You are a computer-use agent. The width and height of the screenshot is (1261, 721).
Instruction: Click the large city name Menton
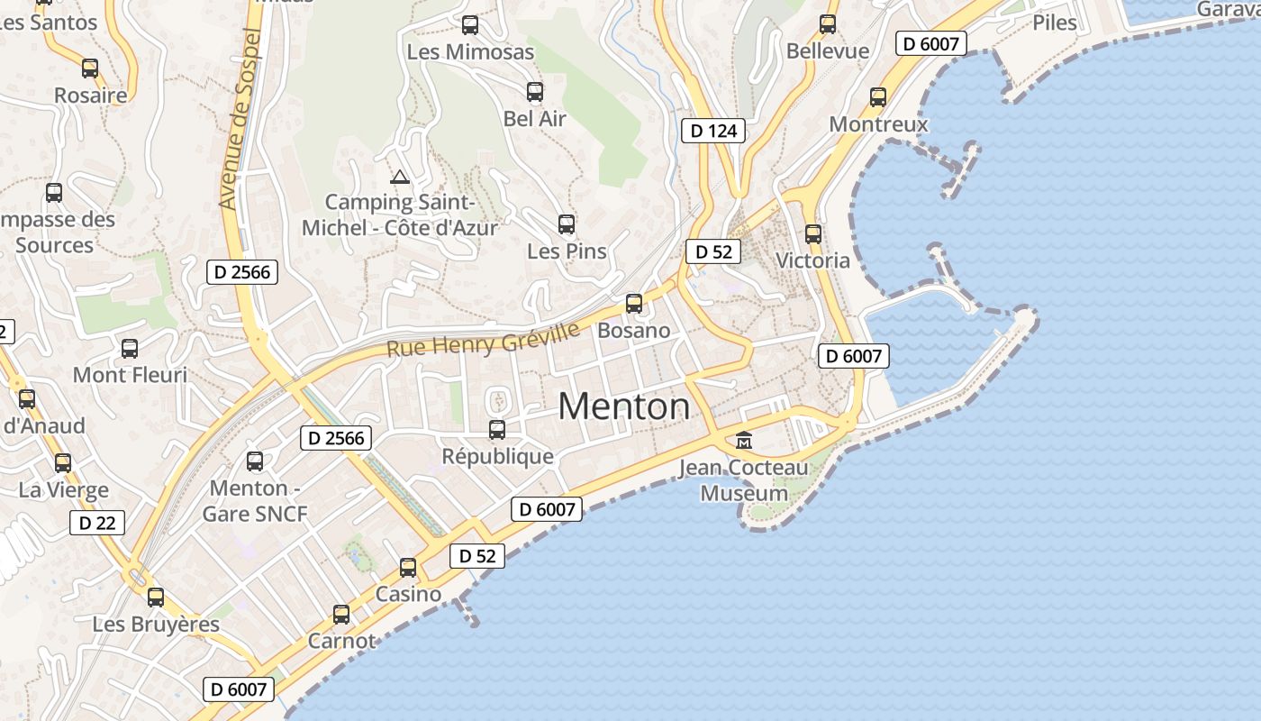pyautogui.click(x=624, y=406)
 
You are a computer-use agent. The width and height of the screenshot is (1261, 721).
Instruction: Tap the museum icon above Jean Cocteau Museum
pyautogui.click(x=744, y=441)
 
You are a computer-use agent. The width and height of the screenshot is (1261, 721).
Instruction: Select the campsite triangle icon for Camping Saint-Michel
pyautogui.click(x=400, y=177)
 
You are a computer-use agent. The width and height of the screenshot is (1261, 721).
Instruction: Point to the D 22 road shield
pyautogui.click(x=96, y=523)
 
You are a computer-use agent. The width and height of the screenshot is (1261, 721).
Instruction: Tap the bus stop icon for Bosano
pyautogui.click(x=634, y=304)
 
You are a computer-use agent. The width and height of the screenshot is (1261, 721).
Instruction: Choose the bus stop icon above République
pyautogui.click(x=497, y=430)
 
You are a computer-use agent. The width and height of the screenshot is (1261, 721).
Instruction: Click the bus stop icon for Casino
pyautogui.click(x=408, y=568)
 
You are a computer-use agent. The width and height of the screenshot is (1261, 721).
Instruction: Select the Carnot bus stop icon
pyautogui.click(x=341, y=615)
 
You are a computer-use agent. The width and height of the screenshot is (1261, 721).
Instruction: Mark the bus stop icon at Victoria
pyautogui.click(x=813, y=234)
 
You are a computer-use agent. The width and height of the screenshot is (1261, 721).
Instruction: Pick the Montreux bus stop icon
pyautogui.click(x=878, y=97)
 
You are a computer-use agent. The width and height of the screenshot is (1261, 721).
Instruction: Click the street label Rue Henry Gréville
pyautogui.click(x=483, y=340)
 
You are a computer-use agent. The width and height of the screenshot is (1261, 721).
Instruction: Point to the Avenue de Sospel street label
pyautogui.click(x=240, y=119)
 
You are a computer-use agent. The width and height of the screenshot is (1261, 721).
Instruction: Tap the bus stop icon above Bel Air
pyautogui.click(x=535, y=92)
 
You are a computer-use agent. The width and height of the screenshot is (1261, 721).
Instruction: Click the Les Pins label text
pyautogui.click(x=567, y=251)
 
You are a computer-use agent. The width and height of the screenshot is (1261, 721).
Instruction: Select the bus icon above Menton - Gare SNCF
pyautogui.click(x=255, y=461)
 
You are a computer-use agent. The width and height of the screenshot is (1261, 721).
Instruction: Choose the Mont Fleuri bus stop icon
pyautogui.click(x=130, y=349)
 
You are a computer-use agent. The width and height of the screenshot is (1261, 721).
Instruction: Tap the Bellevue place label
pyautogui.click(x=828, y=50)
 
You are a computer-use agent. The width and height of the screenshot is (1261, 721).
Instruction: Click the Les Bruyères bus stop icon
pyautogui.click(x=156, y=597)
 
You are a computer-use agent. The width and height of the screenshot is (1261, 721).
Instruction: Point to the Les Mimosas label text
pyautogui.click(x=470, y=51)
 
